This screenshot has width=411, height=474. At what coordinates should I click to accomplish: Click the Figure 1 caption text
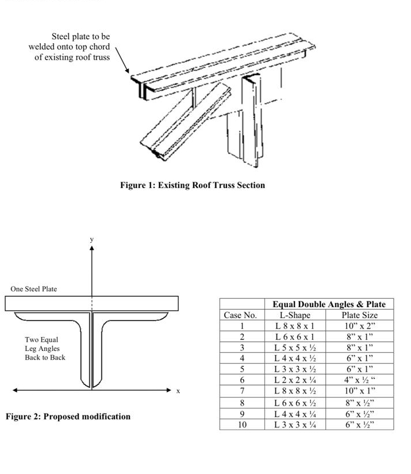tap(193, 185)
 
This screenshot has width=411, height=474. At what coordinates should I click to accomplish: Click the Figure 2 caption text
tap(68, 416)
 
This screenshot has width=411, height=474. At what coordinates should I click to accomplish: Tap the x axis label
tap(178, 391)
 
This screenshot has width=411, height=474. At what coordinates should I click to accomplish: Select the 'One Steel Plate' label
tap(34, 289)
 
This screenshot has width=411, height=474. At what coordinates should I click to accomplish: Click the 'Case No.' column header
tap(242, 315)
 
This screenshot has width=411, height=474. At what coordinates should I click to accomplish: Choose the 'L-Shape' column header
tap(295, 315)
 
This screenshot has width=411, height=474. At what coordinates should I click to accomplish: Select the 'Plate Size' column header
tap(359, 315)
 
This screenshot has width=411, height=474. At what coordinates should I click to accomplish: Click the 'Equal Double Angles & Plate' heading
tap(329, 304)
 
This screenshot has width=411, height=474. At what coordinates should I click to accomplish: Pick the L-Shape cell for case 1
tap(295, 326)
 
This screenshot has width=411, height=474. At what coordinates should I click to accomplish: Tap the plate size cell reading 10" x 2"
tap(359, 326)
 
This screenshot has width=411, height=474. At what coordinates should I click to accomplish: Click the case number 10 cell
tap(242, 425)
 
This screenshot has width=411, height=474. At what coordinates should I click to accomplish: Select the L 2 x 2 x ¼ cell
tap(295, 380)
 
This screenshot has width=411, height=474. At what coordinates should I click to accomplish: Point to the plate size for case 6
tap(359, 380)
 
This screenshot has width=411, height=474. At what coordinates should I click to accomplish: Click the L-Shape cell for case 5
tap(295, 369)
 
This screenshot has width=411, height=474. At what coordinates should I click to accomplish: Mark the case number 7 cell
tap(242, 391)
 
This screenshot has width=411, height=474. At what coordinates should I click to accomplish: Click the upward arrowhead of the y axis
tap(91, 249)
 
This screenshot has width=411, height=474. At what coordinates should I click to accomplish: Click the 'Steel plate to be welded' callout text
tap(70, 47)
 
